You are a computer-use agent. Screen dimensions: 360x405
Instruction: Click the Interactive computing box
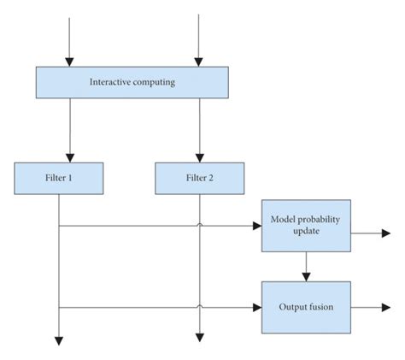(132, 82)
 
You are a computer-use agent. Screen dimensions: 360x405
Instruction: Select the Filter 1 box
(59, 178)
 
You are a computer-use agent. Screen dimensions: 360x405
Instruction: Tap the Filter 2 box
(199, 178)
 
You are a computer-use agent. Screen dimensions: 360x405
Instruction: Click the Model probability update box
(305, 227)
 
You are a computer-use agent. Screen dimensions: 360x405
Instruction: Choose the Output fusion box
(305, 306)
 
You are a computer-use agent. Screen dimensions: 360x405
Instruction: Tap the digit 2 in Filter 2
(212, 178)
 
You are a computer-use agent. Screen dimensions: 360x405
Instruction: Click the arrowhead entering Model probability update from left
(257, 227)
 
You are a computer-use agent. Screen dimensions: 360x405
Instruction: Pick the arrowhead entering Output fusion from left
(257, 306)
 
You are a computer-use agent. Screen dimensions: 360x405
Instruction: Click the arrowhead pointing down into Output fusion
(305, 278)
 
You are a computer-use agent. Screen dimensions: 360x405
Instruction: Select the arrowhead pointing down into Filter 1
(59, 156)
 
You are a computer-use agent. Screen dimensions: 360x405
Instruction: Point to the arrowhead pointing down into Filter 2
(199, 156)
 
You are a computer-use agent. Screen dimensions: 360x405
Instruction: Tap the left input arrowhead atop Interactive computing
(70, 61)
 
